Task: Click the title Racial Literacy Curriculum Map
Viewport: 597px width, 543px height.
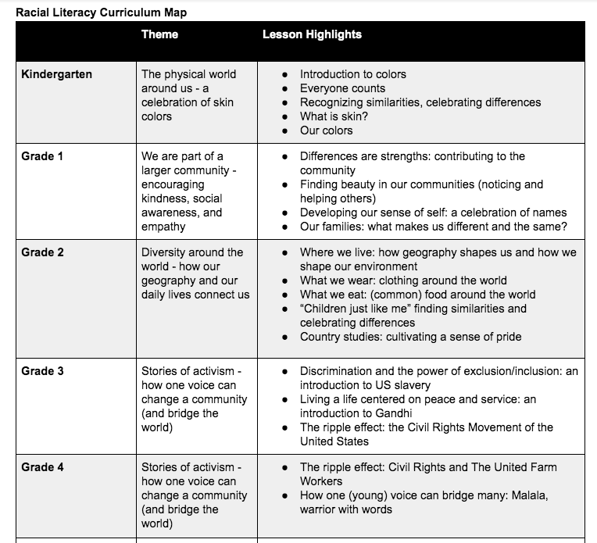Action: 102,13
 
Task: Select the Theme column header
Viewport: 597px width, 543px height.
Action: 159,34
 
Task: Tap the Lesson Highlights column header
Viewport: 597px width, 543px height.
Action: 312,34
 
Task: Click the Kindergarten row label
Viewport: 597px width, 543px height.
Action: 57,74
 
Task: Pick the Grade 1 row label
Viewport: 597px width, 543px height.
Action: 42,156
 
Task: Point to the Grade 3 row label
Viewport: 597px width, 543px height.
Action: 42,370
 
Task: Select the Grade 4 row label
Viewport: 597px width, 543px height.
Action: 42,467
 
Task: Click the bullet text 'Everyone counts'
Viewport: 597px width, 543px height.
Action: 342,88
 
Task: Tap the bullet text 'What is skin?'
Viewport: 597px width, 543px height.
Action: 334,116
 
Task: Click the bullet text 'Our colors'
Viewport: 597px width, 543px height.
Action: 326,130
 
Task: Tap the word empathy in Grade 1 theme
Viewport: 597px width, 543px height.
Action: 163,227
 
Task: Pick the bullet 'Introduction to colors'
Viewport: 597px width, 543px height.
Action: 353,74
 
